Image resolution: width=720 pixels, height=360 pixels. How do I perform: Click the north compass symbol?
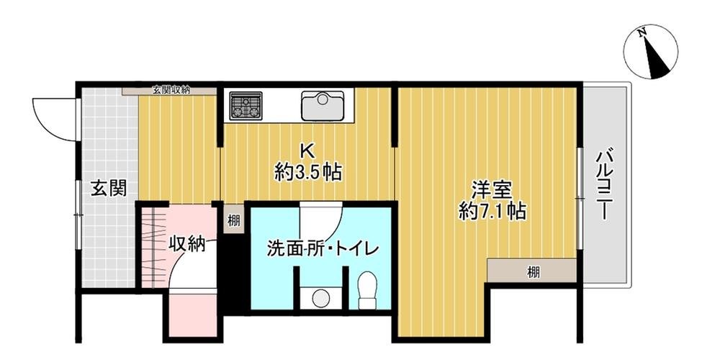652,52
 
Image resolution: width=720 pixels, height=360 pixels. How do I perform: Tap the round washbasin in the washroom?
320,297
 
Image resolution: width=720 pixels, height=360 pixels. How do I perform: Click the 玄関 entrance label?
109,189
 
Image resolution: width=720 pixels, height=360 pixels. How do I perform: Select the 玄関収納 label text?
171,91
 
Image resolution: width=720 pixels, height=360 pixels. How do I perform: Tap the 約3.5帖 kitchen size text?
307,172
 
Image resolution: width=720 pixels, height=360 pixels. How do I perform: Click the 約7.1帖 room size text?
492,212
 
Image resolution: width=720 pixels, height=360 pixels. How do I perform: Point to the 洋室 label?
492,191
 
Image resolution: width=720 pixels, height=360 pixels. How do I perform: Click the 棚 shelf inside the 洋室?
532,271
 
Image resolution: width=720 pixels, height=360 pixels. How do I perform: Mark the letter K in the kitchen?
307,151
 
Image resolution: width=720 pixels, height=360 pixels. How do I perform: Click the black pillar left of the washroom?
232,274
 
